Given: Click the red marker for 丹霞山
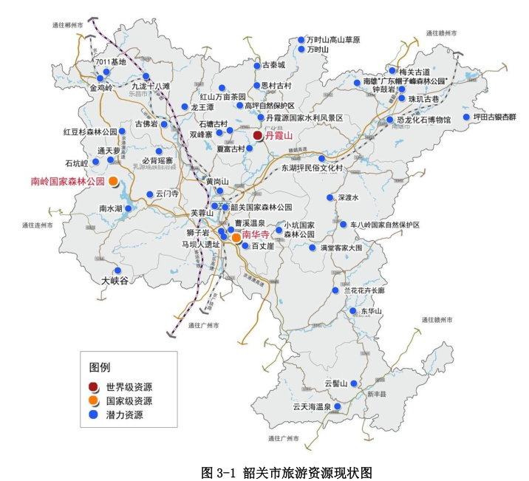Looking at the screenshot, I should pos(257,136).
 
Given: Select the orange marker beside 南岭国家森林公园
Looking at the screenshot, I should pos(113,181).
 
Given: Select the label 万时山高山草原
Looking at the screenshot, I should pos(334,40).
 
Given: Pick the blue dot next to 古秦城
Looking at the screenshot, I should pos(256,64).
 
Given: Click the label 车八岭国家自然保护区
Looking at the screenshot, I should pos(385,225).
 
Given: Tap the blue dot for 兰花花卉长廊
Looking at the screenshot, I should pos(336,290).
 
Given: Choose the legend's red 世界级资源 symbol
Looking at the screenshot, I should pos(93,386).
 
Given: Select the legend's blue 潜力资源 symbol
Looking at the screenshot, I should pos(93,415).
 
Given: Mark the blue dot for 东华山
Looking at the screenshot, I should pos(354,311).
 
